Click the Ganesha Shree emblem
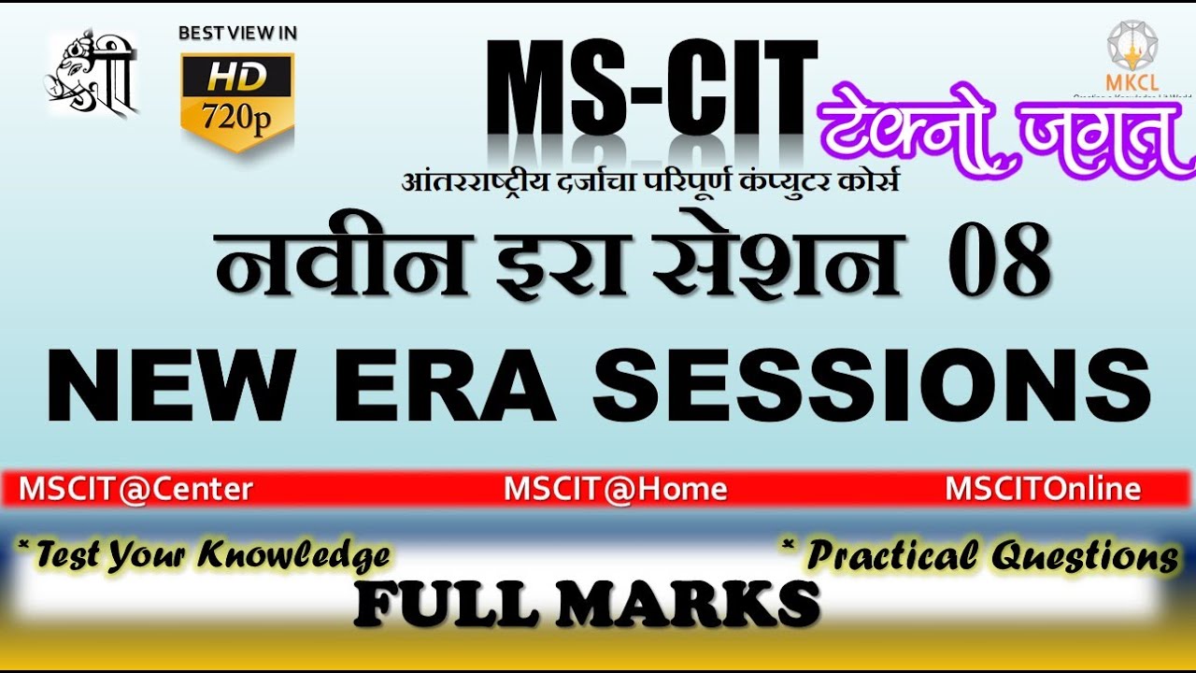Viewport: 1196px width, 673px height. click(x=93, y=75)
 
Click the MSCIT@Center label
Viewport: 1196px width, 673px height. click(x=136, y=489)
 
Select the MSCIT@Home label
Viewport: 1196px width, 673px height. click(x=616, y=489)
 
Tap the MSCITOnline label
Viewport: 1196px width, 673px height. click(x=1043, y=489)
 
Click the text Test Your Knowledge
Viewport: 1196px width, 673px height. click(x=206, y=555)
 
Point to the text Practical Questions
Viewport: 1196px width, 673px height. click(x=983, y=556)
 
